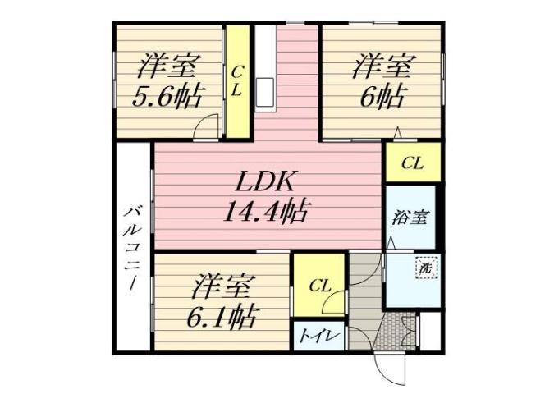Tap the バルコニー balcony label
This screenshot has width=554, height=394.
tap(131, 246)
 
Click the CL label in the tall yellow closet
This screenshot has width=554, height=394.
tap(236, 82)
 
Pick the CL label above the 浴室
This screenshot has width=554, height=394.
tap(412, 163)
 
